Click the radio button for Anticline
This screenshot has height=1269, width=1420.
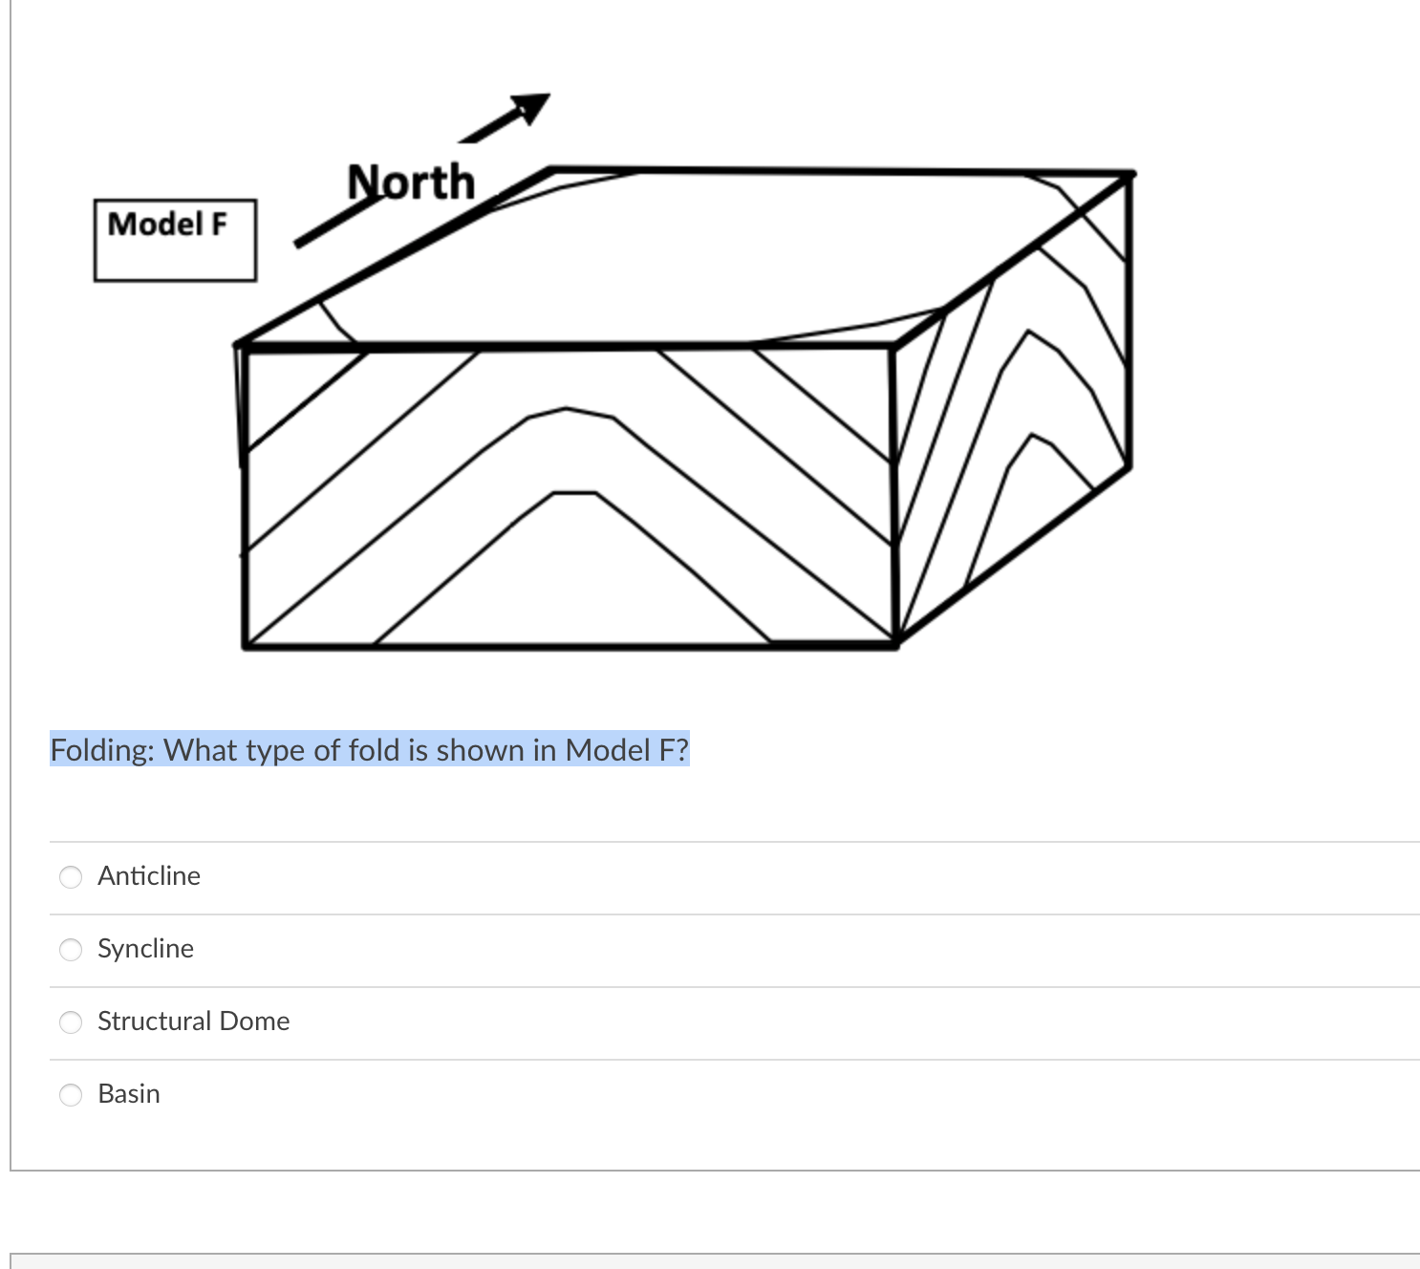click(x=71, y=877)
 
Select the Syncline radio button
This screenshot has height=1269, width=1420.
click(x=71, y=950)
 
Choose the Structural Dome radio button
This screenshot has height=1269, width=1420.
click(x=71, y=1022)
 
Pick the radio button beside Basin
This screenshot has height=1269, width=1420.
click(x=71, y=1095)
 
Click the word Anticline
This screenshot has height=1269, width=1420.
click(x=149, y=876)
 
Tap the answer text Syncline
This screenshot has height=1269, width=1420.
click(x=145, y=949)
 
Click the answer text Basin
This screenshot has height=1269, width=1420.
click(x=129, y=1094)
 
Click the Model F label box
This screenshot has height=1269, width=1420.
click(x=175, y=240)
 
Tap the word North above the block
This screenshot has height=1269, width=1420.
click(x=411, y=182)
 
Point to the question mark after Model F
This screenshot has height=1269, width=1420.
click(x=681, y=750)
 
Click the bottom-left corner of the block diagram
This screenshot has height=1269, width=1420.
click(x=246, y=647)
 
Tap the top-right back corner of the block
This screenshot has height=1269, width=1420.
click(x=1131, y=174)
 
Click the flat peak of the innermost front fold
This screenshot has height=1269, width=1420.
click(x=574, y=493)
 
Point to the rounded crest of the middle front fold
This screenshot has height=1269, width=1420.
click(x=570, y=411)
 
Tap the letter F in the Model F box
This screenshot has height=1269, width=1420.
click(x=219, y=225)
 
